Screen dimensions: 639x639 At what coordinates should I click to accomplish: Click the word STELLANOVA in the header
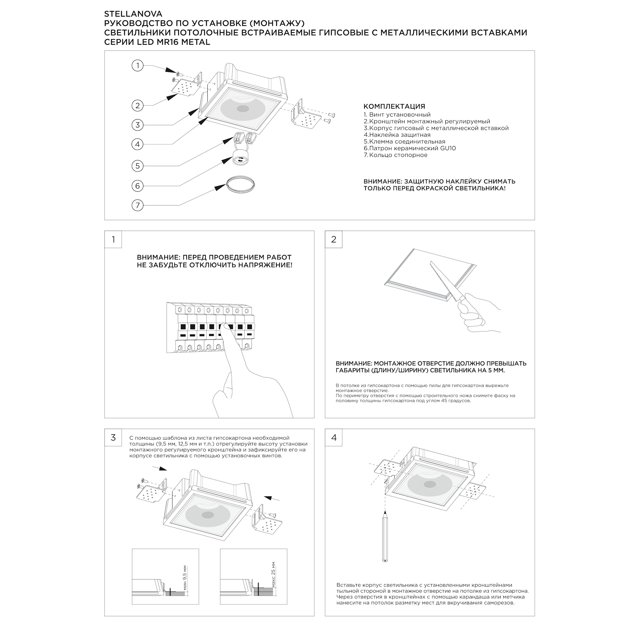133,14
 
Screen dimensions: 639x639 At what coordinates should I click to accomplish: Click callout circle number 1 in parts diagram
138,65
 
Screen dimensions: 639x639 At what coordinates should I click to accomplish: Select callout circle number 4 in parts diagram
138,144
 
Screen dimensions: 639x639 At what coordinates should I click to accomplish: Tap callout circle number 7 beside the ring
138,205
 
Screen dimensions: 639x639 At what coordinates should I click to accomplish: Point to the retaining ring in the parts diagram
241,184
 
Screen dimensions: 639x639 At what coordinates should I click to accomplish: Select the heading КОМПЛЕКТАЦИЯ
394,106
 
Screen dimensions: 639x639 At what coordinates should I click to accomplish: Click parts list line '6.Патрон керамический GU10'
410,148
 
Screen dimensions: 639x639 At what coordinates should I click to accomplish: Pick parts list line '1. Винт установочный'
397,115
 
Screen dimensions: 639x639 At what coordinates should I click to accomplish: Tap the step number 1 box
113,239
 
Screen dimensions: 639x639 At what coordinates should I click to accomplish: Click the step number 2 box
333,239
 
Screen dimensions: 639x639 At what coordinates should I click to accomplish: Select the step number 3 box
113,438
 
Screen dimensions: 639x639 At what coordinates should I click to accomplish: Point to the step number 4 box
333,438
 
